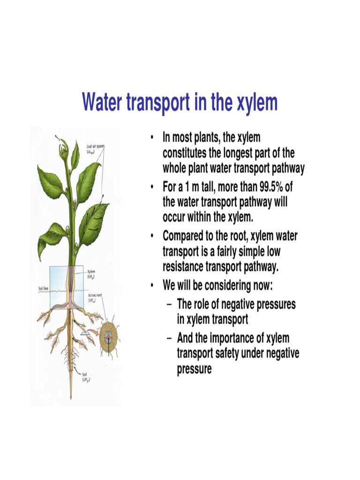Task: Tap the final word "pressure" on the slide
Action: click(194, 369)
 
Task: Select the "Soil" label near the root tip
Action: click(86, 375)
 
